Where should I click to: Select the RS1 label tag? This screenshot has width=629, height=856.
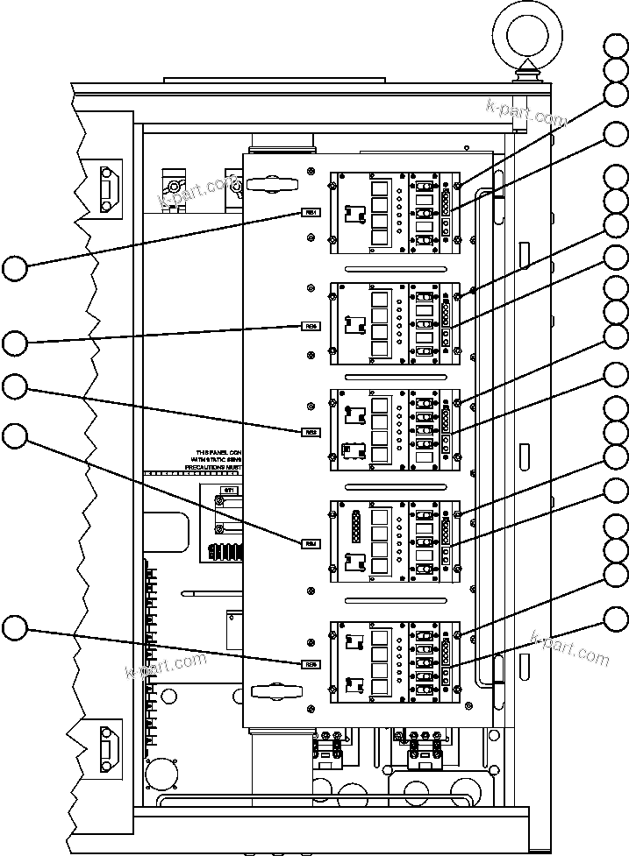[x=311, y=213]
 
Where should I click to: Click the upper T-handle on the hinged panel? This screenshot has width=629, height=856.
[x=274, y=184]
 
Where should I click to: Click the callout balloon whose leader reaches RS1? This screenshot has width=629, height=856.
[x=15, y=267]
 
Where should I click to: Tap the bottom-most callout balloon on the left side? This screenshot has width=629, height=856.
[x=15, y=627]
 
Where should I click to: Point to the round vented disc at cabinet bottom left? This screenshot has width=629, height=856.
[x=162, y=775]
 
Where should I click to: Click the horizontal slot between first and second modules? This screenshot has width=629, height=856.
[x=394, y=268]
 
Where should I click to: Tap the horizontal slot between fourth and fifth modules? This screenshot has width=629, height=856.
[x=394, y=600]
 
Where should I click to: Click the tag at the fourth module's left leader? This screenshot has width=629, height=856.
[x=311, y=544]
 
